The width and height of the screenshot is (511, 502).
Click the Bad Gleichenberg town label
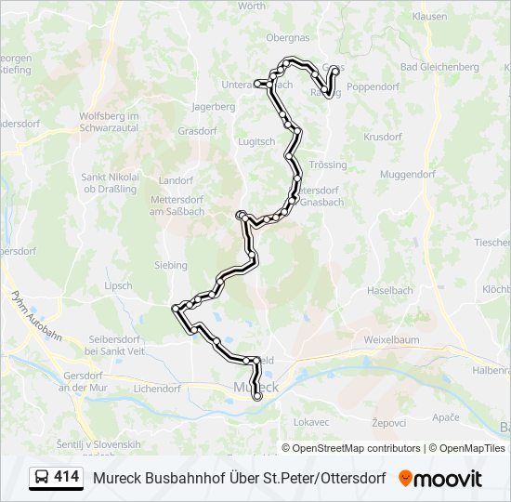pyautogui.click(x=439, y=67)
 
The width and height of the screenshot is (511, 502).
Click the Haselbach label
pyautogui.click(x=389, y=290)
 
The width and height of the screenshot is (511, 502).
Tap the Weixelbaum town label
pyautogui.click(x=394, y=340)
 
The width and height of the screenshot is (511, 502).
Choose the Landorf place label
pyautogui.click(x=176, y=180)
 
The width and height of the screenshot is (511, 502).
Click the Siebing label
pyautogui.click(x=171, y=265)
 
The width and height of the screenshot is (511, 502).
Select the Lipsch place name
pyautogui.click(x=118, y=285)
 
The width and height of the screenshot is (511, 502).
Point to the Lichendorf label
pyautogui.click(x=156, y=389)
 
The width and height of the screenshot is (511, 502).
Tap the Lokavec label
pyautogui.click(x=311, y=421)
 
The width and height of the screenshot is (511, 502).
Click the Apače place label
pyautogui.click(x=445, y=418)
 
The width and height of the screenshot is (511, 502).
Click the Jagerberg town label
pyautogui.click(x=213, y=107)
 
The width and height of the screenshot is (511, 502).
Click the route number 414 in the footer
pyautogui.click(x=66, y=477)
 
